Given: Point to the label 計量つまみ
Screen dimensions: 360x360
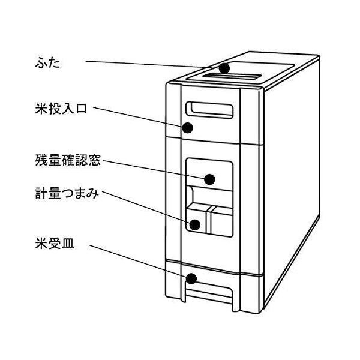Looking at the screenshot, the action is (x=67, y=195).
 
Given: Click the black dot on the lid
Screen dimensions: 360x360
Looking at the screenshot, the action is (x=224, y=68).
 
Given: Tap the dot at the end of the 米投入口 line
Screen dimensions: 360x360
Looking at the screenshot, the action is (x=188, y=128).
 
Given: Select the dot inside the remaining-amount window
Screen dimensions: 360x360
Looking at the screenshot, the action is (x=209, y=179).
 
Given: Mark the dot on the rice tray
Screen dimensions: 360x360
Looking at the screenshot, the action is (x=192, y=279).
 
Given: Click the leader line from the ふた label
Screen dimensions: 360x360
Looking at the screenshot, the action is (x=150, y=64).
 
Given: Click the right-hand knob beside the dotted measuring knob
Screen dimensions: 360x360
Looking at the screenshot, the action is (x=220, y=221).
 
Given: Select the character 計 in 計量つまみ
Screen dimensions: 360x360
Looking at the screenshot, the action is (x=40, y=195).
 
